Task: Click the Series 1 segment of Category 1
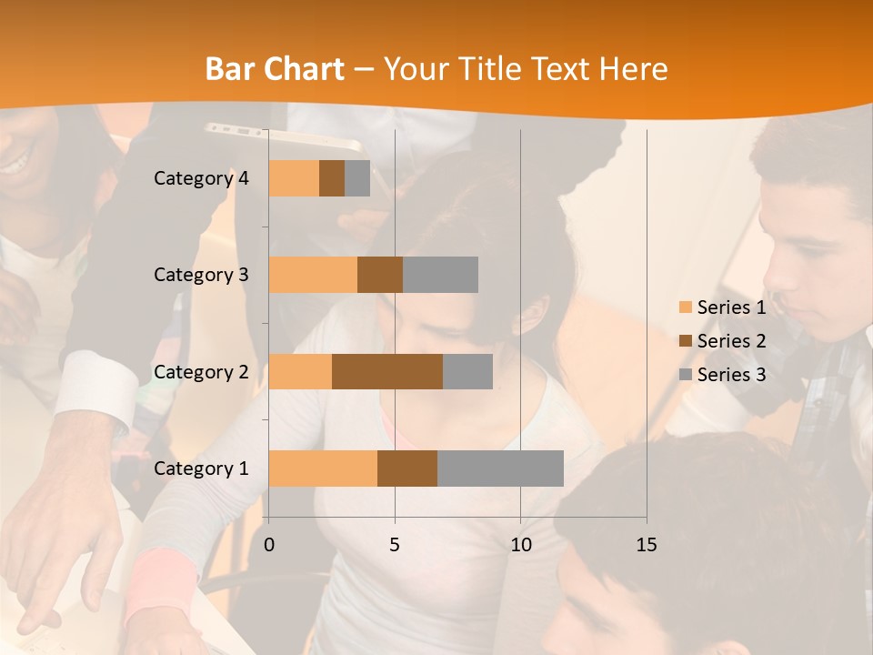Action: (x=323, y=468)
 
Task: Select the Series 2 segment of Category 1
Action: (x=407, y=468)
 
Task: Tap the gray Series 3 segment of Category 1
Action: (x=500, y=468)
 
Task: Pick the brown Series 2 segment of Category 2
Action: (x=387, y=371)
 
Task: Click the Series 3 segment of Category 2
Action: (x=467, y=371)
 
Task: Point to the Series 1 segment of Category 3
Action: (x=313, y=275)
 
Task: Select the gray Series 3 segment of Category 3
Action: (x=440, y=275)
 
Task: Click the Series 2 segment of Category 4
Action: (x=332, y=178)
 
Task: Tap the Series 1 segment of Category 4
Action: (x=294, y=178)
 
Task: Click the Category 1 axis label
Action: (x=201, y=469)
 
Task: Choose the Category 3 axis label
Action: (x=201, y=275)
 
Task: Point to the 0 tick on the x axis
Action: (x=269, y=545)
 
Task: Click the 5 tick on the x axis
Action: (x=395, y=545)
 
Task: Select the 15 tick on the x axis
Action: (x=647, y=545)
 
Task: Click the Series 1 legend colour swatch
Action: (x=685, y=307)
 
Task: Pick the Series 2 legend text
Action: (x=731, y=341)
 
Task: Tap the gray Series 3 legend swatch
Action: (x=685, y=375)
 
